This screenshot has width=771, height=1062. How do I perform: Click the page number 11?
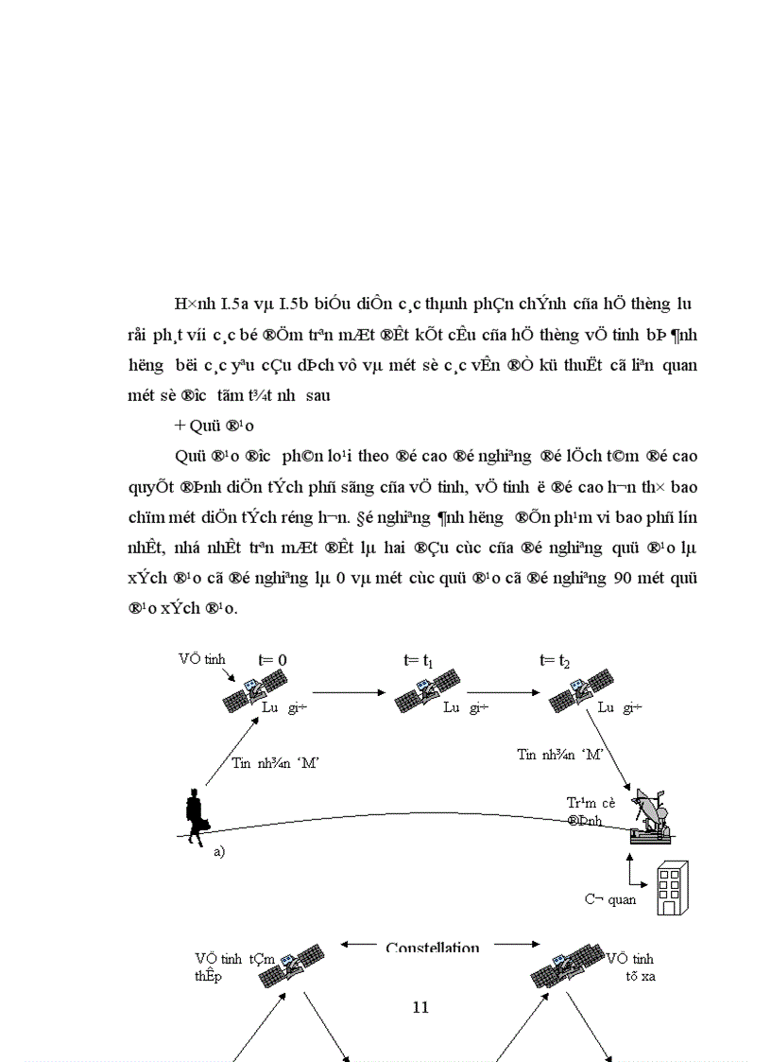coord(421,1007)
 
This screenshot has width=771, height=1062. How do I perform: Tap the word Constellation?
coord(433,948)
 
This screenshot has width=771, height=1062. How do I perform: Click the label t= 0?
coord(272,661)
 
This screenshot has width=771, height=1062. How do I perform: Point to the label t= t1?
coord(417,661)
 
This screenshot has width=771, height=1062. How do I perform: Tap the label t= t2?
coord(555,661)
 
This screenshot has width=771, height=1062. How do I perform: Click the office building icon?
coord(671,888)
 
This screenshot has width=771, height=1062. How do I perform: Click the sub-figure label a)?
coord(219,851)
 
